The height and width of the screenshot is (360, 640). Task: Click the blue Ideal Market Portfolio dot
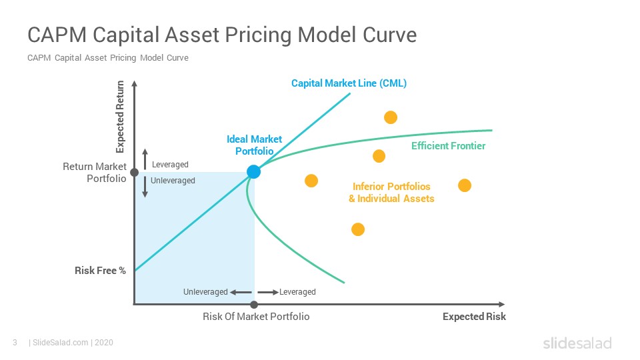(253, 172)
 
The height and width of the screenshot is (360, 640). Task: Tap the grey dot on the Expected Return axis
(134, 173)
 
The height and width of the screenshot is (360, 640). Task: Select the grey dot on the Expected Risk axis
(254, 305)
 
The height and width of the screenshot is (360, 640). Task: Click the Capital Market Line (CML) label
(349, 83)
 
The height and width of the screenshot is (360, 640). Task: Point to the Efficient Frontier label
(448, 146)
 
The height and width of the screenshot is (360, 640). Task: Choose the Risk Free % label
(100, 271)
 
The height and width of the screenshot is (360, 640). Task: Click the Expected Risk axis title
(474, 316)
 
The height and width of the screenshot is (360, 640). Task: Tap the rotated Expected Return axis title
(120, 117)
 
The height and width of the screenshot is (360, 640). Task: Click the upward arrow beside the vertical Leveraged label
(145, 159)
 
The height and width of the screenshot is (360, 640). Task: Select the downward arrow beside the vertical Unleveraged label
(145, 187)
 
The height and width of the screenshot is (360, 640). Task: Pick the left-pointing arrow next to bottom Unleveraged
(241, 292)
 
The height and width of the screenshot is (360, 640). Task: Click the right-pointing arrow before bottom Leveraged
(268, 292)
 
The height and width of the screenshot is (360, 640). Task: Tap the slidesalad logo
(577, 343)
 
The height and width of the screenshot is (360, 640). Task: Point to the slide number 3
(15, 343)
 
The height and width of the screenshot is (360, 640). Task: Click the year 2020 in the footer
(104, 343)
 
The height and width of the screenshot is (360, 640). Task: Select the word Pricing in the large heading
(258, 35)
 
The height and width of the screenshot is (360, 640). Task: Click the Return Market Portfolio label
(95, 173)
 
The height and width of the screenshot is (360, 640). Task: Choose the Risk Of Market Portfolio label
(256, 316)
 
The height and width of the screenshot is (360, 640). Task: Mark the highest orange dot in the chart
(391, 117)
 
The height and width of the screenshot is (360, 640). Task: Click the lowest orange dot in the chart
(358, 229)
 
